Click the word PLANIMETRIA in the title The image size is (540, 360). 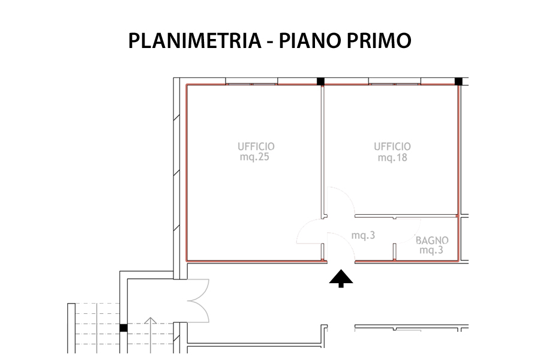pyautogui.click(x=194, y=41)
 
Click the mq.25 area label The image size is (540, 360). pyautogui.click(x=254, y=157)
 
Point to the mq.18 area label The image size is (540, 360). pyautogui.click(x=392, y=158)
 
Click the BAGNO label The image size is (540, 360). pyautogui.click(x=432, y=240)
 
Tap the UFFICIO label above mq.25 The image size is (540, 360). pyautogui.click(x=256, y=146)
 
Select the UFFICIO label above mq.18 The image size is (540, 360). pyautogui.click(x=392, y=147)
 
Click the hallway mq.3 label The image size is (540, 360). pyautogui.click(x=363, y=235)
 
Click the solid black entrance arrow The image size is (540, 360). pyautogui.click(x=341, y=278)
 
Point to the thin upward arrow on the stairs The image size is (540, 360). pyautogui.click(x=151, y=335)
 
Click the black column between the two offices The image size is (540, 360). pyautogui.click(x=320, y=82)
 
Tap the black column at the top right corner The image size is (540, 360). pyautogui.click(x=458, y=82)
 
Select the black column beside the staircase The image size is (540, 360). pyautogui.click(x=123, y=328)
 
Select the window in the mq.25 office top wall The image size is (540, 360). pyautogui.click(x=251, y=82)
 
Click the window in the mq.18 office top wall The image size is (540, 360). pyautogui.click(x=395, y=82)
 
